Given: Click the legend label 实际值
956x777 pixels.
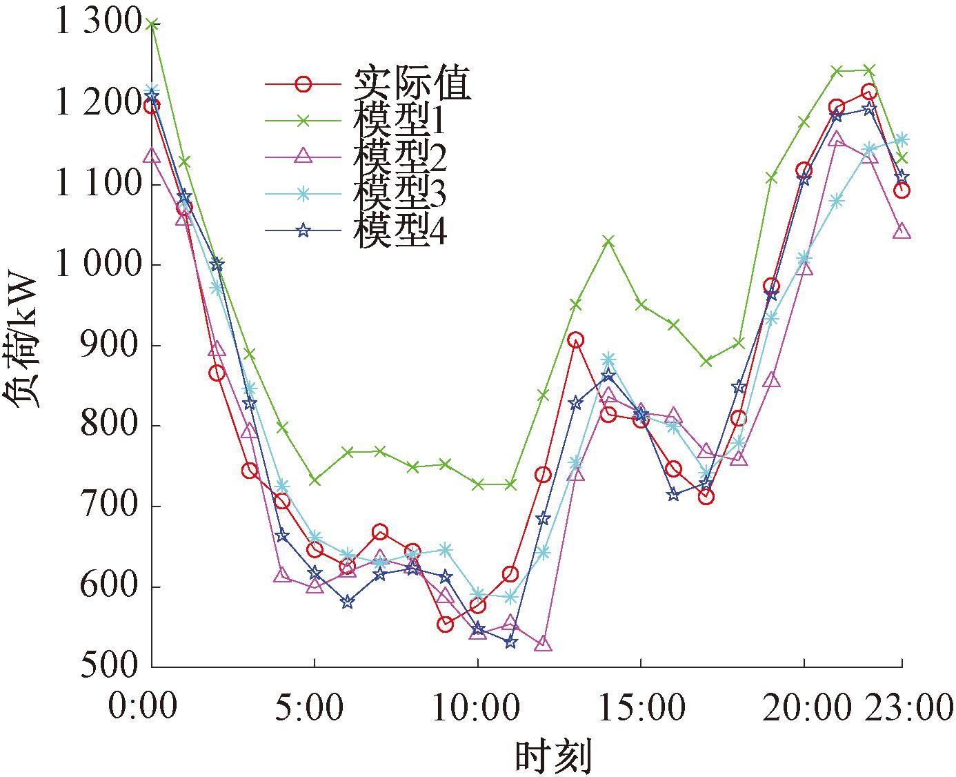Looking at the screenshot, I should tap(412, 84).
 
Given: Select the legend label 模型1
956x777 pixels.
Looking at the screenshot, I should tap(400, 121).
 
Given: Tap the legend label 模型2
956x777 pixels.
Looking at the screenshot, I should tap(400, 157).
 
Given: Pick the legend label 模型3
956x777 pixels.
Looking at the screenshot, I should tap(400, 195).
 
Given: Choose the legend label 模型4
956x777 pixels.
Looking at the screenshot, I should tap(400, 231).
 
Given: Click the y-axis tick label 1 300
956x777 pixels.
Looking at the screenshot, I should tap(99, 24).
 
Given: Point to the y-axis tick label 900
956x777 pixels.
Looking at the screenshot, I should tap(110, 345).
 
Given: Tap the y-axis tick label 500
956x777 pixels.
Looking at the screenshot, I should tap(110, 667).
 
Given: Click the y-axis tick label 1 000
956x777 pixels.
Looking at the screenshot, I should tap(99, 265).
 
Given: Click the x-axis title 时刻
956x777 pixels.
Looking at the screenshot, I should tap(553, 756).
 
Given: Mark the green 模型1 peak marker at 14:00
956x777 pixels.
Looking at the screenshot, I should tap(608, 242).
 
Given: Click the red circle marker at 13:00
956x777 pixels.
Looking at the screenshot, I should tap(576, 340).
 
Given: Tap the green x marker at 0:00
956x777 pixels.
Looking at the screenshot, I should tap(152, 25).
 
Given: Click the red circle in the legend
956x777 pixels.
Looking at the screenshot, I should tap(303, 84).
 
